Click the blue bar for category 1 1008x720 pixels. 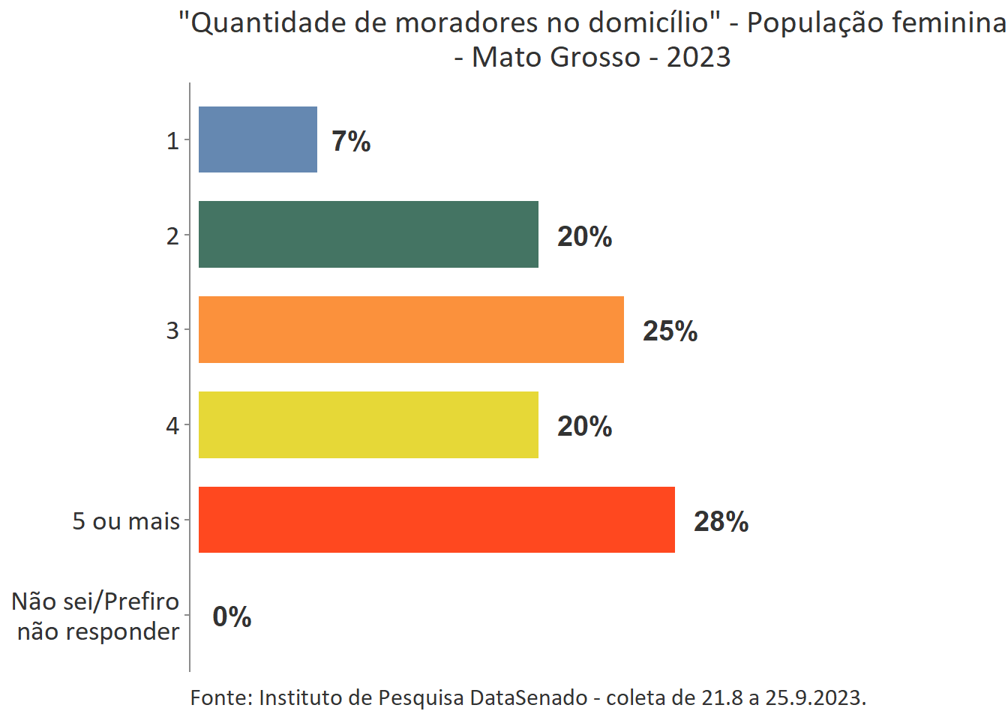tap(257, 139)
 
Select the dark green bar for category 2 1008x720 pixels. tap(368, 234)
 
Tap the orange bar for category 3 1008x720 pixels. tap(411, 329)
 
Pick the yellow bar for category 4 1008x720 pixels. tap(368, 424)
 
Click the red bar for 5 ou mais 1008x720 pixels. tap(436, 520)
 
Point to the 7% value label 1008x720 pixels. tap(351, 141)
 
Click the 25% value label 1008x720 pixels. tap(670, 331)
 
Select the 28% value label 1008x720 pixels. tap(721, 521)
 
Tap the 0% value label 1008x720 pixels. tap(232, 616)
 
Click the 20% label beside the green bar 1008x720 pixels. tap(584, 236)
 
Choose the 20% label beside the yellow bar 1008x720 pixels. tap(584, 426)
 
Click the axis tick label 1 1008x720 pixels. tap(172, 140)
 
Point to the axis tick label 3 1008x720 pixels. tap(172, 330)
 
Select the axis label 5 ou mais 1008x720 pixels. tap(126, 520)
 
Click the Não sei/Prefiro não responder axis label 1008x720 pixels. tap(96, 616)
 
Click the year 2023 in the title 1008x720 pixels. tap(698, 57)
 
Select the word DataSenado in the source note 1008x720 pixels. tap(529, 697)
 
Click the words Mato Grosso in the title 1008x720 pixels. tap(556, 57)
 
